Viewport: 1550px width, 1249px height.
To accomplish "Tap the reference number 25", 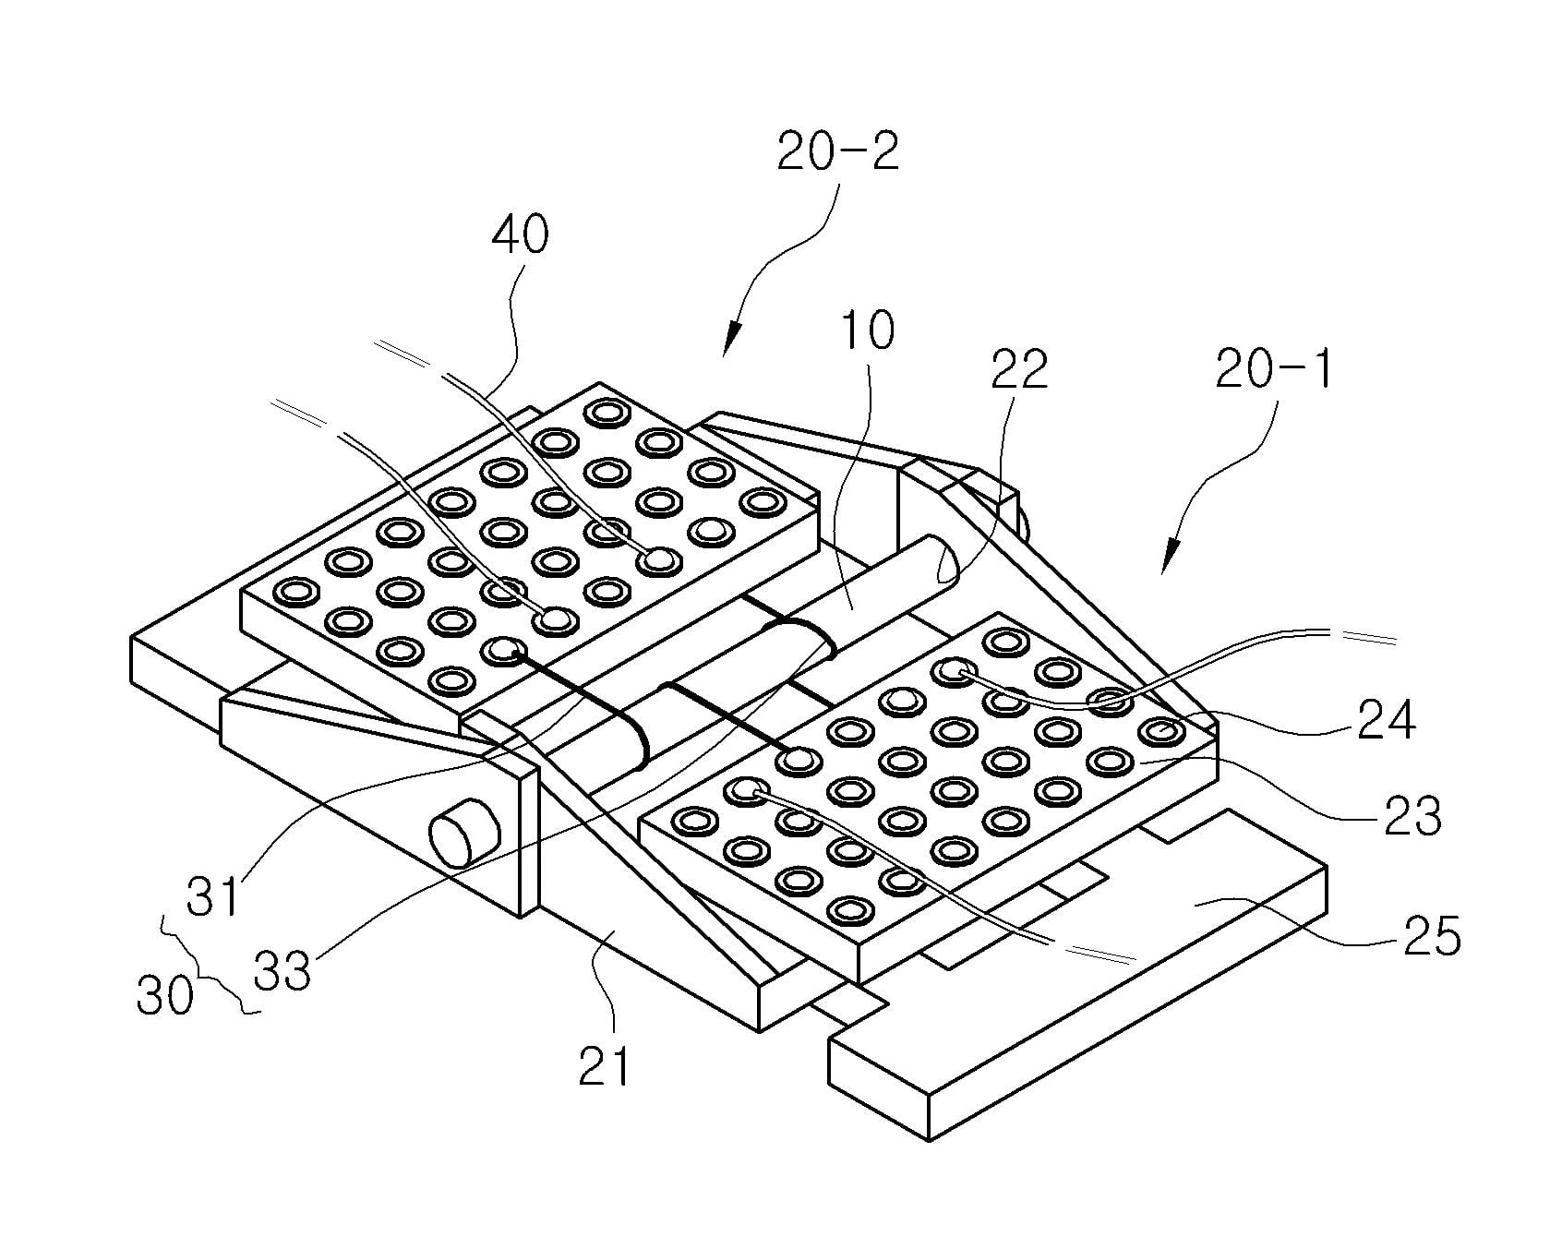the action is point(1432,936).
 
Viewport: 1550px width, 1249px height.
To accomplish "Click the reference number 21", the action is point(604,1065).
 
